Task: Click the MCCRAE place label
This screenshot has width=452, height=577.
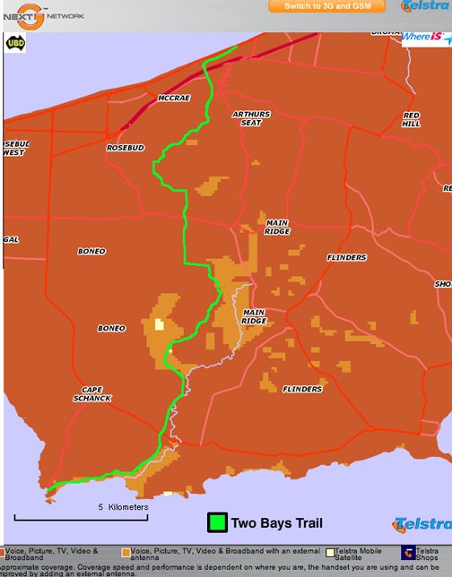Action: pyautogui.click(x=174, y=98)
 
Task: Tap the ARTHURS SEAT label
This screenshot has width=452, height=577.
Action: pyautogui.click(x=250, y=118)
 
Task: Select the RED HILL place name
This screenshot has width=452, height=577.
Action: pyautogui.click(x=412, y=119)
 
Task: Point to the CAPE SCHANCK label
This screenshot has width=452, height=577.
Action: pyautogui.click(x=92, y=393)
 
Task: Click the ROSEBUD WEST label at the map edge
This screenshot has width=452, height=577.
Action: pyautogui.click(x=15, y=148)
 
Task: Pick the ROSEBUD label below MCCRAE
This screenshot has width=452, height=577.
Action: pyautogui.click(x=125, y=147)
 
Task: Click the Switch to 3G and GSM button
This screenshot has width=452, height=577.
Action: pyautogui.click(x=326, y=6)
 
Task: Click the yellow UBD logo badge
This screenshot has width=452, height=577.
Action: pyautogui.click(x=15, y=41)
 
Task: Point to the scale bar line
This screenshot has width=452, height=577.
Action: pyautogui.click(x=81, y=518)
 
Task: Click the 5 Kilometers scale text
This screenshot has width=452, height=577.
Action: pyautogui.click(x=123, y=507)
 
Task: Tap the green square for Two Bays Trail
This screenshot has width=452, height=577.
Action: pyautogui.click(x=216, y=522)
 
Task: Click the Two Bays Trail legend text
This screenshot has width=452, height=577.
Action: pyautogui.click(x=276, y=523)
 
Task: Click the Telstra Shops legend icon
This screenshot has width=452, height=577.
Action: pyautogui.click(x=407, y=552)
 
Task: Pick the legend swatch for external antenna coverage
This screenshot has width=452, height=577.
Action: pyautogui.click(x=125, y=552)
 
